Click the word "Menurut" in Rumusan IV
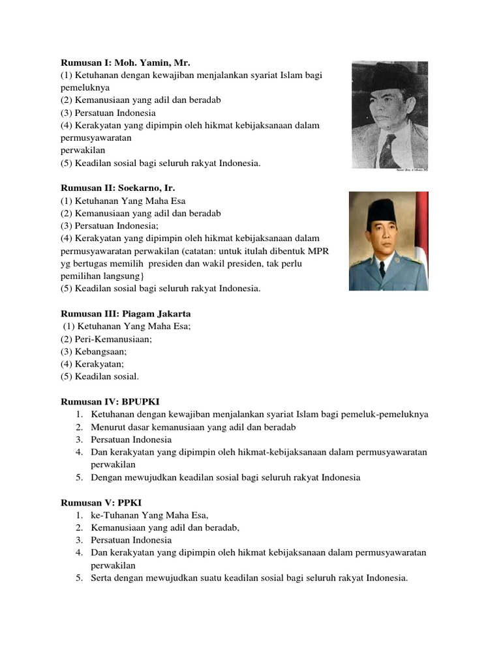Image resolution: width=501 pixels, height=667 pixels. (x=106, y=427)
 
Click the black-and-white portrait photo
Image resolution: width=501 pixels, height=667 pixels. (x=389, y=115)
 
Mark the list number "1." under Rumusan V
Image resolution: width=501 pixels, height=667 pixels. (x=78, y=515)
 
